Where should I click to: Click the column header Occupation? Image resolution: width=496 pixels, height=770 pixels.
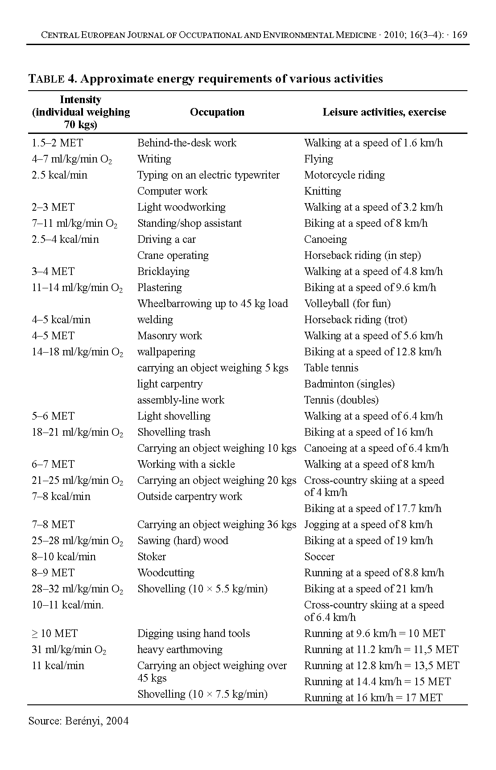217,112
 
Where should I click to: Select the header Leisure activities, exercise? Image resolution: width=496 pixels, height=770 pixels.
384,112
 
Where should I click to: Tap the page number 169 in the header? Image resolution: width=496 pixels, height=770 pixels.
459,35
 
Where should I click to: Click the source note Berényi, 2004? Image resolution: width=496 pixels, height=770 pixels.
79,721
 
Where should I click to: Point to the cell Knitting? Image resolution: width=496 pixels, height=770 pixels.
322,191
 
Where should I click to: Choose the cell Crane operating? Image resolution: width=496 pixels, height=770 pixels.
173,255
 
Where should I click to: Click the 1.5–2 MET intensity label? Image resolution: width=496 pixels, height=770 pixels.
57,143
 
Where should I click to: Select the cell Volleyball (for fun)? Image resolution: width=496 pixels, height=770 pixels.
347,304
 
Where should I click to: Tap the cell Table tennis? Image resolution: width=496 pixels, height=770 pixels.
331,368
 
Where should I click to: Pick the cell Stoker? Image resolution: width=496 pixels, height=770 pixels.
151,557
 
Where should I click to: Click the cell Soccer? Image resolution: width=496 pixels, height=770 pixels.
319,557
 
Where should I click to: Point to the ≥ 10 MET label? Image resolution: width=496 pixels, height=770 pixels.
54,633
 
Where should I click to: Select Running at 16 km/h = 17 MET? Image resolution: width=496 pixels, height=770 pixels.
373,698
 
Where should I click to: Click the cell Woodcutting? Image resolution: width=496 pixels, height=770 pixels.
165,573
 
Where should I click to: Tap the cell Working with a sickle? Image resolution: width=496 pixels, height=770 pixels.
186,464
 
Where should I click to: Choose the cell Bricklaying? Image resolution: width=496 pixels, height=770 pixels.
163,271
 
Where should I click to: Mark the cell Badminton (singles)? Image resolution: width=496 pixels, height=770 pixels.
349,384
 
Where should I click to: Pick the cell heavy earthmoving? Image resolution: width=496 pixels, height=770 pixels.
180,649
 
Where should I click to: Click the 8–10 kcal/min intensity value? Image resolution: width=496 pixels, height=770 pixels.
63,557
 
